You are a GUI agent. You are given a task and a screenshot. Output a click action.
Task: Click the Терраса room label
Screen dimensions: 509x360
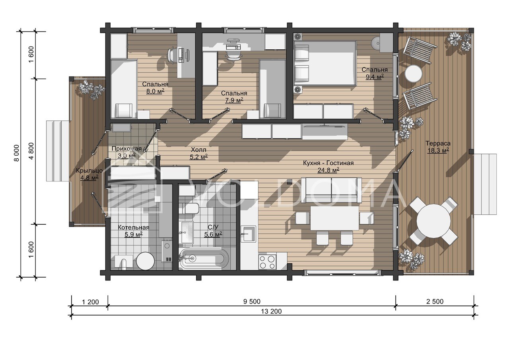pos(438,144)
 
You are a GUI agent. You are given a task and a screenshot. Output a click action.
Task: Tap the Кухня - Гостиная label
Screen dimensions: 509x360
pos(328,163)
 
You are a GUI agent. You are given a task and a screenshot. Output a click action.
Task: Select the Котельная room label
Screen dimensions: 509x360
pos(133,228)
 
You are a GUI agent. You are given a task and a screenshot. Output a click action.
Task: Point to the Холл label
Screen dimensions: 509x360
pos(198,150)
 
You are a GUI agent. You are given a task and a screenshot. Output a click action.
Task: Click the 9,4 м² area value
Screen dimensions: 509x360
pos(375,77)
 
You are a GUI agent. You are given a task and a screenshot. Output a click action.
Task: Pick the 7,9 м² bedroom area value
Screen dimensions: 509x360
pos(234,100)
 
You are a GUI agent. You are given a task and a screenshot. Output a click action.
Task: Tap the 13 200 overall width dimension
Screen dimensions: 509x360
pos(271,311)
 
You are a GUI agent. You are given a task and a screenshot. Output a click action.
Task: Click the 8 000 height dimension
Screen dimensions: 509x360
pos(17,153)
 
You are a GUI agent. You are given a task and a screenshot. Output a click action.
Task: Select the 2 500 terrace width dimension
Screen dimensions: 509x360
pos(435,302)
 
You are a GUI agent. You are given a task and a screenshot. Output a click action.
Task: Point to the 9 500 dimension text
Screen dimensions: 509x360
pos(252,302)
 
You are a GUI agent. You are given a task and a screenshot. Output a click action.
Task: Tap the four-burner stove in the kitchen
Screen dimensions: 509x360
pos(268,262)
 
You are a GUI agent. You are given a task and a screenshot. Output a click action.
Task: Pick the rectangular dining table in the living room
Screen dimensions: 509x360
pos(334,218)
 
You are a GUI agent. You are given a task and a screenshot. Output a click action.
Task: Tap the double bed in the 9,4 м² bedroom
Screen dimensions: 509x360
pos(325,63)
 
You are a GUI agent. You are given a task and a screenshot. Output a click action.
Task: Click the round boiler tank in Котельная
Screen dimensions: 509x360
pos(146,261)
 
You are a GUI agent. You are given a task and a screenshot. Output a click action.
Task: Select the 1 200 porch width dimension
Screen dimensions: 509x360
pos(90,302)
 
